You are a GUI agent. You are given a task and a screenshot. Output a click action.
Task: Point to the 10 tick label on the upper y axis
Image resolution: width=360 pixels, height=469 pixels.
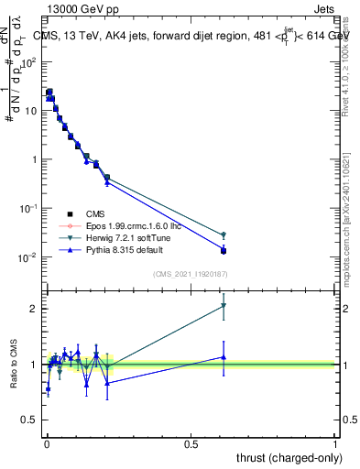[x=29, y=111]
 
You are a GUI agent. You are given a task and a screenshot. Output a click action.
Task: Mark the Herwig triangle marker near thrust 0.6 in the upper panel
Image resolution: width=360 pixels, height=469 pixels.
[x=224, y=235]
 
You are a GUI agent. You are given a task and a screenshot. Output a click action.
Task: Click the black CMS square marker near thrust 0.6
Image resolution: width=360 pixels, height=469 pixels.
[x=224, y=250]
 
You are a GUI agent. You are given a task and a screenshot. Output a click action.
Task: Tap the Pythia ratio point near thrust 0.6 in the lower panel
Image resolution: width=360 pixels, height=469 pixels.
[x=224, y=357]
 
